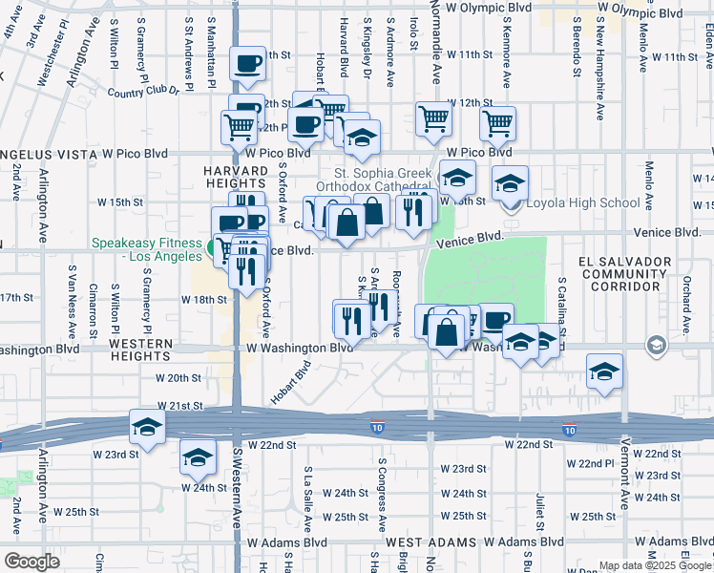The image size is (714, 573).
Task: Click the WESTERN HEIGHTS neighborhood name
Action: [x=140, y=350]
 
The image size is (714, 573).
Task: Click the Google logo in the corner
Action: [x=31, y=561]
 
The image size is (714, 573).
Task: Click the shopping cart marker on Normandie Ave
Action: [x=433, y=119]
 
